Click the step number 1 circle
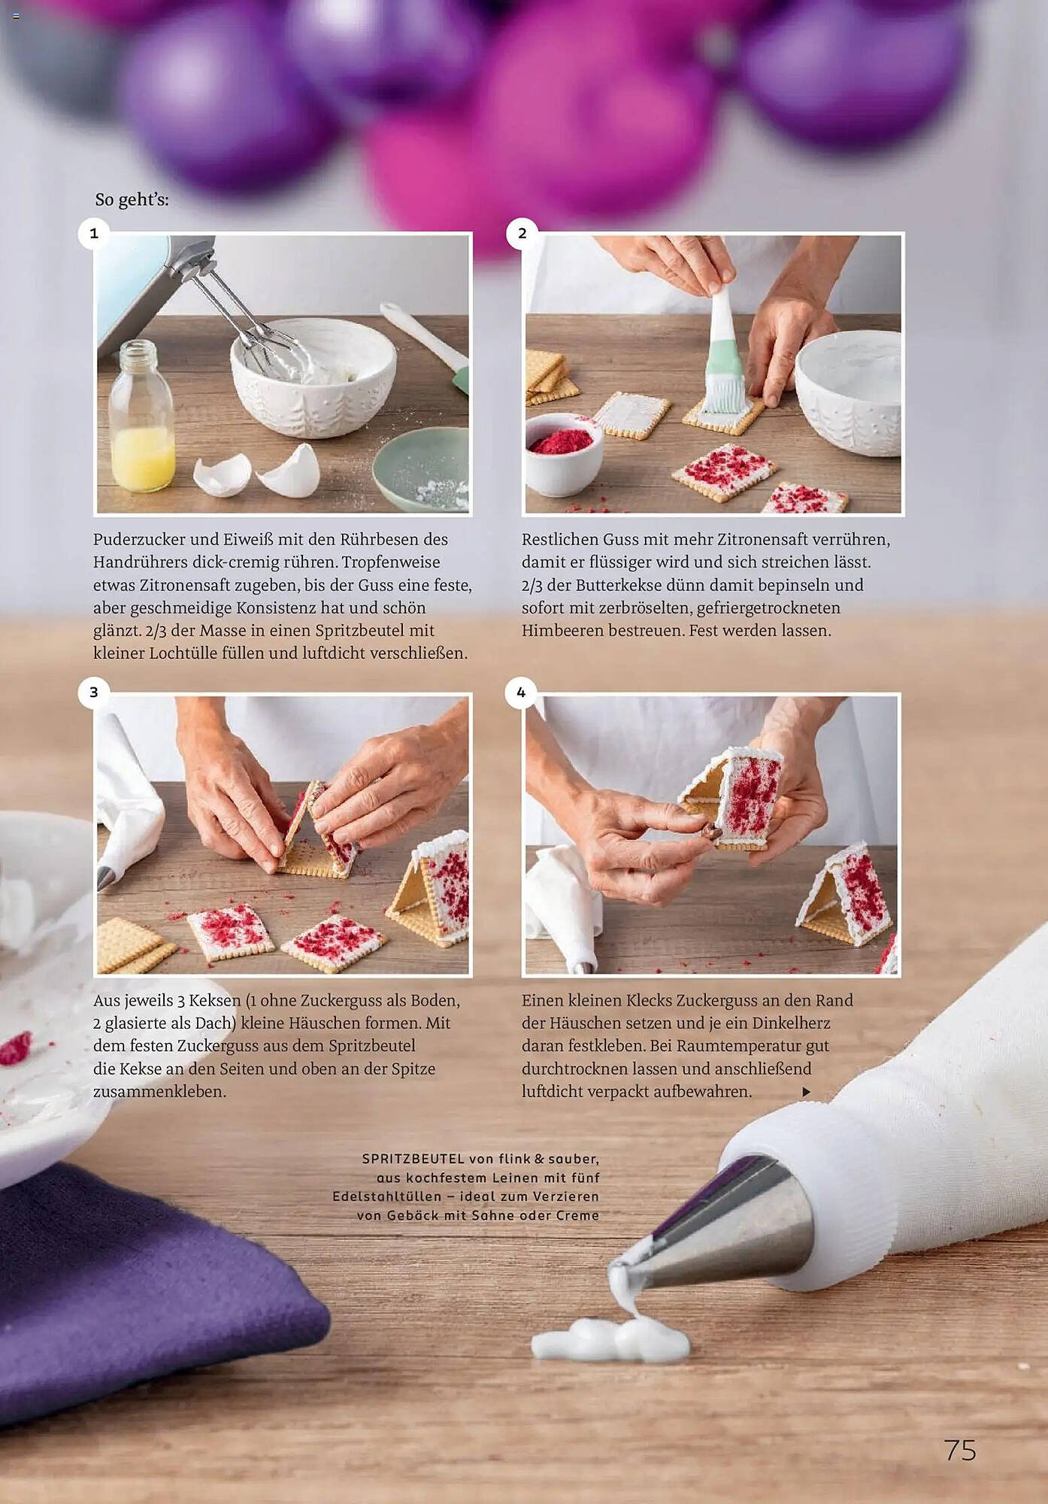[x=94, y=233]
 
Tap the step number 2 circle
[x=522, y=233]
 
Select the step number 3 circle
[x=94, y=692]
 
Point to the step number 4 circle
[x=521, y=692]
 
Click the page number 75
[x=960, y=1450]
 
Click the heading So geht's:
[x=132, y=200]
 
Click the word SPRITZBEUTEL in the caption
[x=413, y=1159]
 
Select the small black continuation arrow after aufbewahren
[x=806, y=1091]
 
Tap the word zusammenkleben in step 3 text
[x=159, y=1091]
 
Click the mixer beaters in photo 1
[x=248, y=323]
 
